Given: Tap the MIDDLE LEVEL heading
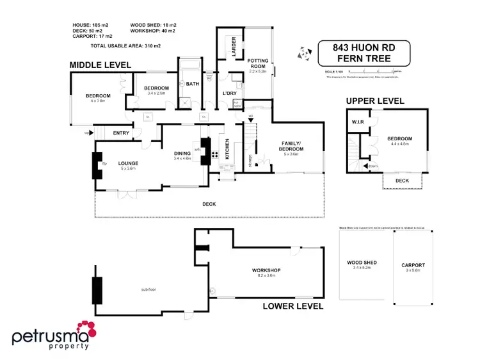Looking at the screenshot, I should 100,65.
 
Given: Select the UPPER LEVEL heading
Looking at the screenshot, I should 375,101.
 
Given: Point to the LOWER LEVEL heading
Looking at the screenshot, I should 293,306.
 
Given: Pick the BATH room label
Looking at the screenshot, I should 193,83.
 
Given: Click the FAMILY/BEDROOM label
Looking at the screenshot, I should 291,147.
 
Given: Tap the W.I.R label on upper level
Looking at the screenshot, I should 357,122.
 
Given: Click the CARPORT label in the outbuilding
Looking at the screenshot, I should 413,265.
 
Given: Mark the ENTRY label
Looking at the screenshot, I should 122,133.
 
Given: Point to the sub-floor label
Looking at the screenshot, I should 149,290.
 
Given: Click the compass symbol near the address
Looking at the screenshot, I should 303,53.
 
